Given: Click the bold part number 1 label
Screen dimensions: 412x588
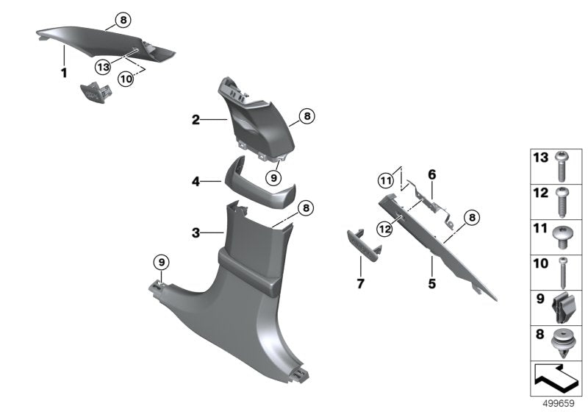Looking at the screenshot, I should [64, 73].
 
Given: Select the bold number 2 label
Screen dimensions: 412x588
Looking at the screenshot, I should [196, 119].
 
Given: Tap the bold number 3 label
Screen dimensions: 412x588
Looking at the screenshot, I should [196, 233].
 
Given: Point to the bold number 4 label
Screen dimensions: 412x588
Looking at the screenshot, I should [196, 179].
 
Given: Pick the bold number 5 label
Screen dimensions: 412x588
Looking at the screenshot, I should [432, 283].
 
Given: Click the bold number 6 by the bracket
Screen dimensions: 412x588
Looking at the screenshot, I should [432, 174].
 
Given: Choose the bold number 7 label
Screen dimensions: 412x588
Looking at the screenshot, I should [359, 283].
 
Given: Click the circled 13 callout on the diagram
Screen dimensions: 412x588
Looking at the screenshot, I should [103, 66].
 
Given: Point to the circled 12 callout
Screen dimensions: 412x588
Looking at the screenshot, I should [386, 229].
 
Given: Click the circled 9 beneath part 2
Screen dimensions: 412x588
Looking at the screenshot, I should [273, 177].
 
